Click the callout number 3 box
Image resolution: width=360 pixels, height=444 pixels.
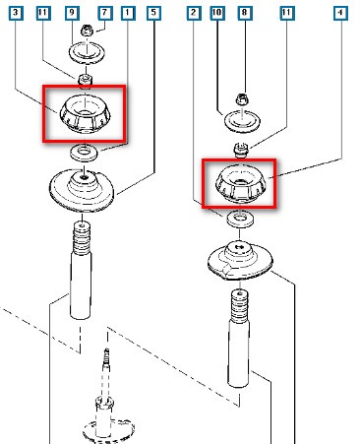click(x=16, y=13)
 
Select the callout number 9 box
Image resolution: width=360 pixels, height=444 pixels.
click(x=72, y=13)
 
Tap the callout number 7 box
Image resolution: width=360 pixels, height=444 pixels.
click(x=104, y=13)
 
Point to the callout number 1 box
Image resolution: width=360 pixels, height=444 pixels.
click(x=128, y=13)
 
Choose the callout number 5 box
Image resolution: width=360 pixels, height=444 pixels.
click(x=153, y=13)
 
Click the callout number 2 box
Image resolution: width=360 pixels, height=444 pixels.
click(x=194, y=13)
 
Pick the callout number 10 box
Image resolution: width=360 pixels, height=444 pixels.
click(x=217, y=13)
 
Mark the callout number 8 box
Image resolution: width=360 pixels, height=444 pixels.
click(x=244, y=13)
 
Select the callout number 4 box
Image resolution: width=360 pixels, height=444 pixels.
click(x=340, y=13)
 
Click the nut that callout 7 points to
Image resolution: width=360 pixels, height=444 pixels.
click(x=86, y=31)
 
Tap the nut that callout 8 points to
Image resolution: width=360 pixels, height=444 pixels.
click(x=242, y=98)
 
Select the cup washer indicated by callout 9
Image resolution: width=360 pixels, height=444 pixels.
click(x=87, y=52)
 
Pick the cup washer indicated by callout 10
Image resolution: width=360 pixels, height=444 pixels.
click(x=242, y=121)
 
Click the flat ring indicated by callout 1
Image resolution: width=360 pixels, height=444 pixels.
click(x=85, y=153)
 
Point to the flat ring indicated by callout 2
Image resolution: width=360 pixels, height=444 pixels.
click(x=240, y=219)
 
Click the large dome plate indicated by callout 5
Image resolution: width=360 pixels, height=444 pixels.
click(x=82, y=190)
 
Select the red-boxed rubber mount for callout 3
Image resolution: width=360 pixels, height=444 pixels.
click(x=85, y=114)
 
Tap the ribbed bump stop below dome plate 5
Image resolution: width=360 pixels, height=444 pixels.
click(x=82, y=238)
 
